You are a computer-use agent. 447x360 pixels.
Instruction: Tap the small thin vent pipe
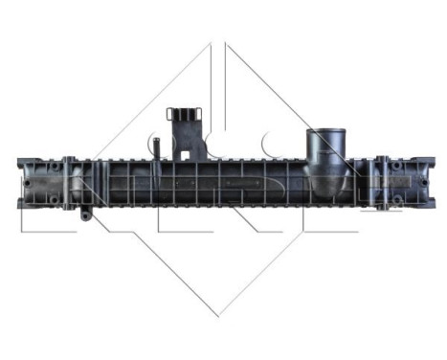pyautogui.click(x=154, y=148)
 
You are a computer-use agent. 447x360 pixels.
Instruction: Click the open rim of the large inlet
pyautogui.click(x=324, y=134)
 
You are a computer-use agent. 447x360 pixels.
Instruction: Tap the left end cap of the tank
pyautogui.click(x=29, y=182)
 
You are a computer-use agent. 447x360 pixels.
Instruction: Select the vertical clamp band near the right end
pyautogui.click(x=380, y=182)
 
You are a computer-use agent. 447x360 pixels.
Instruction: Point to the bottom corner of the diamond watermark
pyautogui.click(x=220, y=315)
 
